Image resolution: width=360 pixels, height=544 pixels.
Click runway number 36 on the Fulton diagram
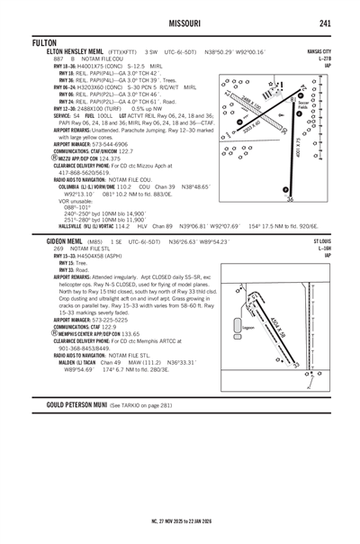point(289,200)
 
